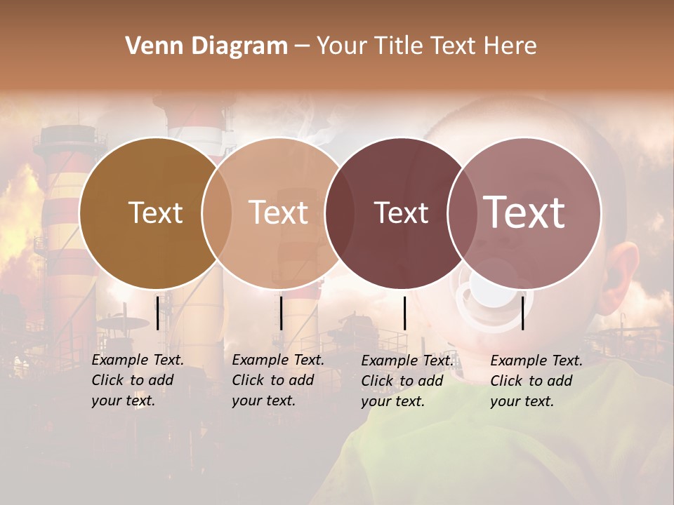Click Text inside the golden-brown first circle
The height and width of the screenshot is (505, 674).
tap(155, 213)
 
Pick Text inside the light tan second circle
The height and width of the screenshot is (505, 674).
tap(278, 213)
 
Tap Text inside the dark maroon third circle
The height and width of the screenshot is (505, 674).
tap(401, 213)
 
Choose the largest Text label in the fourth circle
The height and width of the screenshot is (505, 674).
tap(524, 213)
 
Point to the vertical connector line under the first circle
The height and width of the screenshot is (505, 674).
tap(158, 313)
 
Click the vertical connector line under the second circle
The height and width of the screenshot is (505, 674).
tap(281, 313)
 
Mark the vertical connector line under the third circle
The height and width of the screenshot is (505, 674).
tap(404, 313)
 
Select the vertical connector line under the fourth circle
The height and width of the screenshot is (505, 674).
tap(523, 313)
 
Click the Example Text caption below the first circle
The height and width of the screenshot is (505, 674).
tap(138, 380)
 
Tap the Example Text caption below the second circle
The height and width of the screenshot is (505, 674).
tap(278, 380)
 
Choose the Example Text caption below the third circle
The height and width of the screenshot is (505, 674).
tap(407, 381)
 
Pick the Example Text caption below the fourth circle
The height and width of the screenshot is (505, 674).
tap(536, 381)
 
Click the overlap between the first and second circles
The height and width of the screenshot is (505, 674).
tap(217, 213)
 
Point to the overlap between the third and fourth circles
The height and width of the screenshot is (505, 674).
tap(463, 213)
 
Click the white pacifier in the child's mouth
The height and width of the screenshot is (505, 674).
tap(494, 295)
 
